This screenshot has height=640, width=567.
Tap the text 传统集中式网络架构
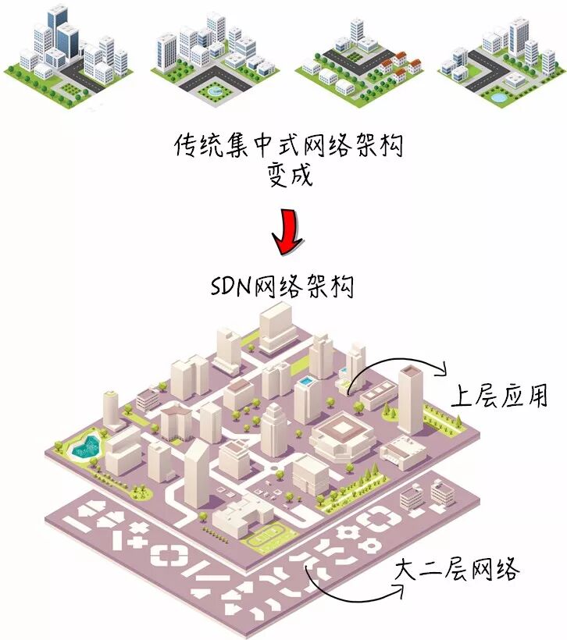pyautogui.click(x=289, y=145)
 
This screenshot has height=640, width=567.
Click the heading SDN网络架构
pyautogui.click(x=282, y=286)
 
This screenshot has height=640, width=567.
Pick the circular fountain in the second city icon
pyautogui.click(x=212, y=91)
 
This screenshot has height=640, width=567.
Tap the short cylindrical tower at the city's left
pyautogui.click(x=109, y=407)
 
